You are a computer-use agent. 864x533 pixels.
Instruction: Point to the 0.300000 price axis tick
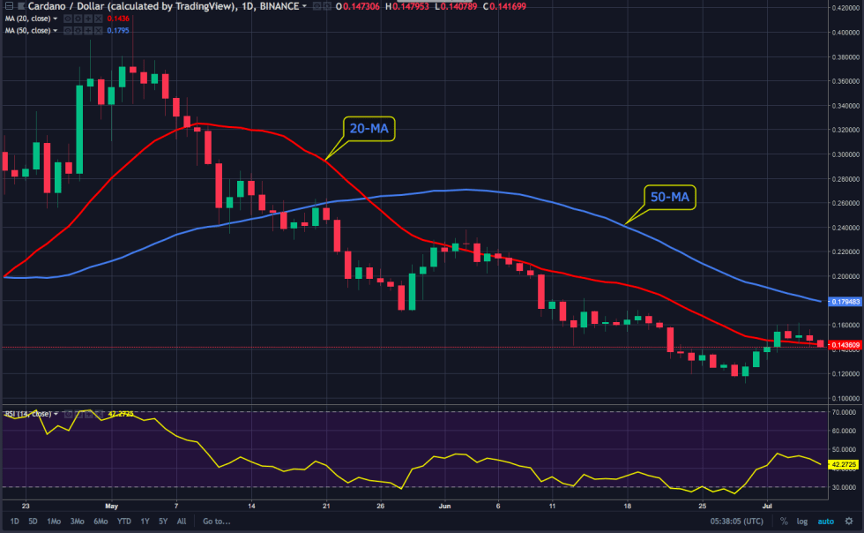point(844,154)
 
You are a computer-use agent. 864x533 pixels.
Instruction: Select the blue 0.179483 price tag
point(844,302)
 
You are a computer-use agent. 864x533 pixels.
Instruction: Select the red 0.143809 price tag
point(844,344)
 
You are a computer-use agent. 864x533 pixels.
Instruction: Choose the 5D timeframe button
point(33,522)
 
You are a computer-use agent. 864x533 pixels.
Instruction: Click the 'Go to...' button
point(216,522)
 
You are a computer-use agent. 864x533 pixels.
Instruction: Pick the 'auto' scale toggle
point(826,522)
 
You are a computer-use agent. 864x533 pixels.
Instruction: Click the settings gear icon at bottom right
point(849,522)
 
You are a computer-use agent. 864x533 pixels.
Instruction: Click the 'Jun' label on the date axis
point(444,507)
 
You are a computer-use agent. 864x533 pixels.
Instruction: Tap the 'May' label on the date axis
point(110,507)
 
